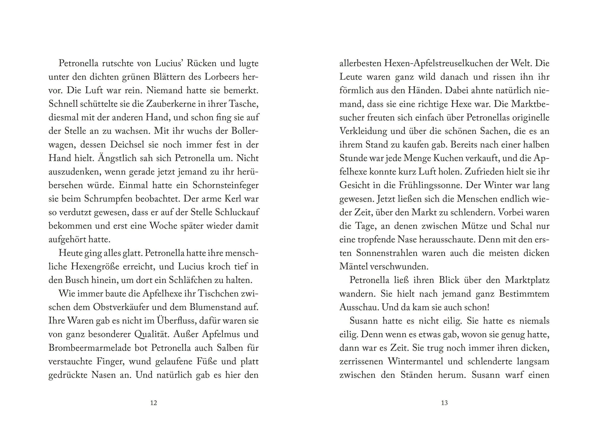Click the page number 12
click(153, 403)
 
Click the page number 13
click(444, 403)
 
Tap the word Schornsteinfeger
click(226, 185)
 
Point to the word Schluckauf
click(237, 213)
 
